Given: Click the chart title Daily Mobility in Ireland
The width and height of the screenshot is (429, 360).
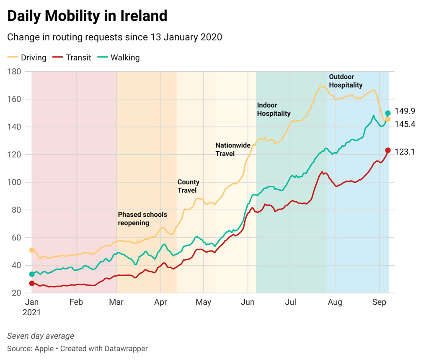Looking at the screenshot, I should tap(87, 16).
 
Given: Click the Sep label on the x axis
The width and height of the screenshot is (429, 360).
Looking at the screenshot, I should tap(379, 302).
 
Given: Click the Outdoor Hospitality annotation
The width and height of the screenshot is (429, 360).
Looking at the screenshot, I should tap(346, 81).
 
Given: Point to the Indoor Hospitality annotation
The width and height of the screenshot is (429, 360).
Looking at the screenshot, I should tap(274, 109).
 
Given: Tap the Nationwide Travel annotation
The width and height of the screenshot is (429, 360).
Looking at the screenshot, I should tap(233, 149).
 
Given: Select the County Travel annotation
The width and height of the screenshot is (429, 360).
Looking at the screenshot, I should tap(188, 186).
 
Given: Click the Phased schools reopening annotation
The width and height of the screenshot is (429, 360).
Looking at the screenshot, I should tap(142, 219).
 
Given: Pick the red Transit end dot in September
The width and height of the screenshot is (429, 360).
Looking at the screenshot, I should tap(388, 150).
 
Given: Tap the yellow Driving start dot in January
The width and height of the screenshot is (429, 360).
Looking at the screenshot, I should tap(32, 250).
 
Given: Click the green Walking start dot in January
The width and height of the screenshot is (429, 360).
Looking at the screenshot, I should tap(32, 274).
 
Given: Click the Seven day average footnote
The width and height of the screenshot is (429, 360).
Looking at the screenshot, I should tap(41, 336).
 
